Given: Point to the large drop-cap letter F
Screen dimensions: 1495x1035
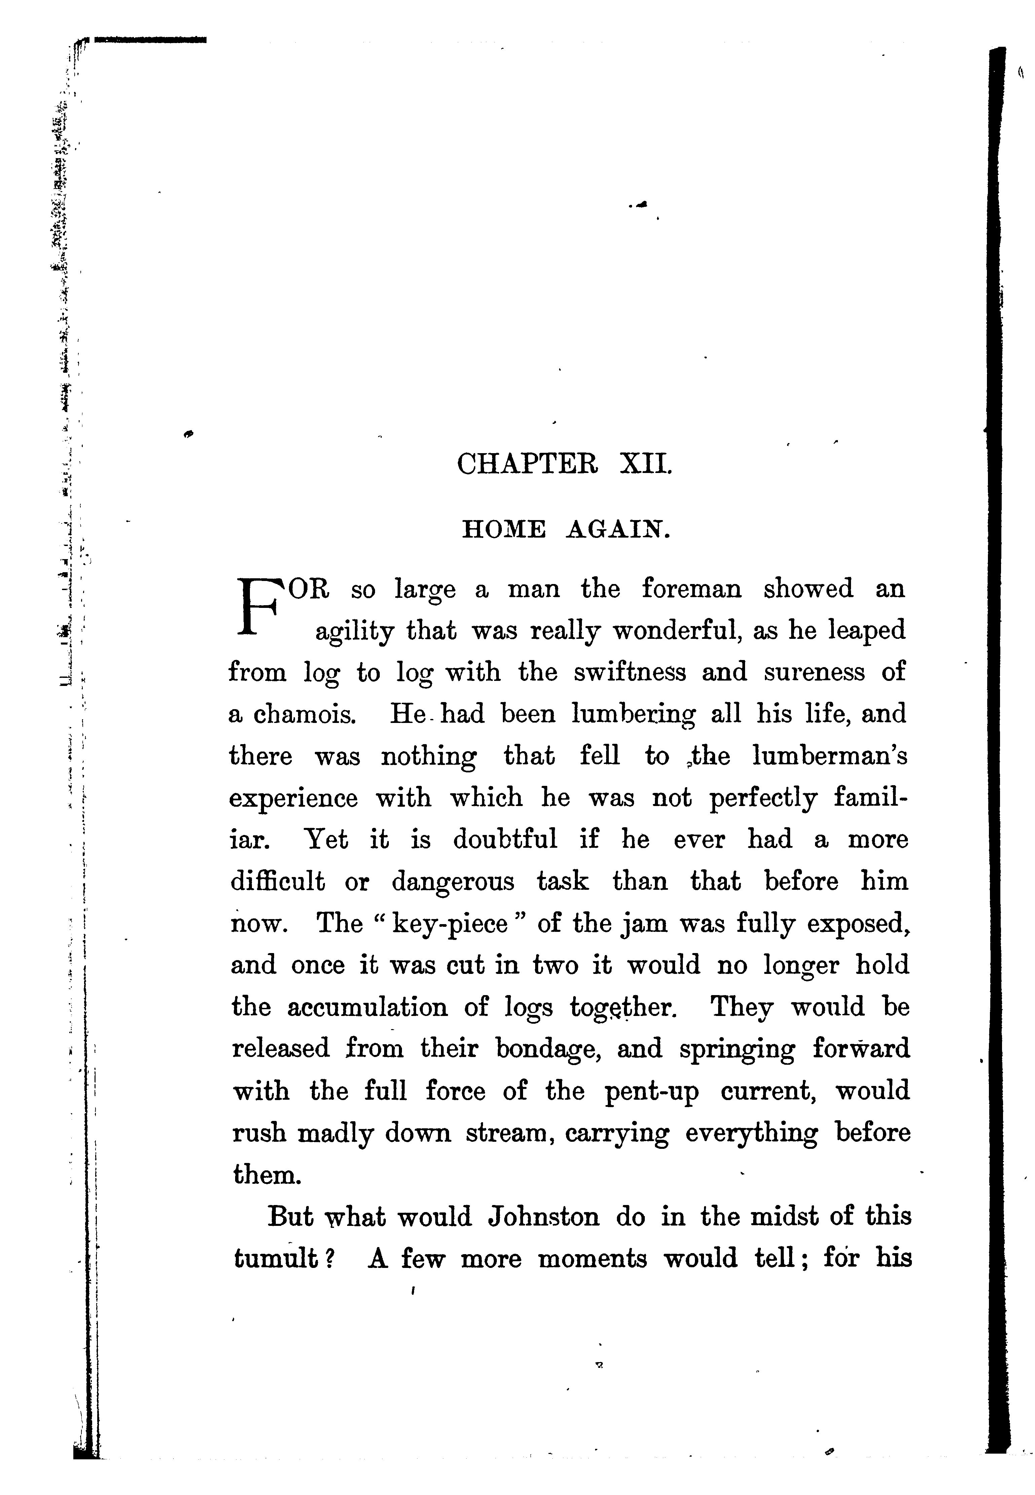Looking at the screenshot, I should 259,606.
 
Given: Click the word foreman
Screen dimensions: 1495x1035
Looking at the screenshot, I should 691,589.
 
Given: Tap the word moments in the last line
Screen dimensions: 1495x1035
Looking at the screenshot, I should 592,1259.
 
